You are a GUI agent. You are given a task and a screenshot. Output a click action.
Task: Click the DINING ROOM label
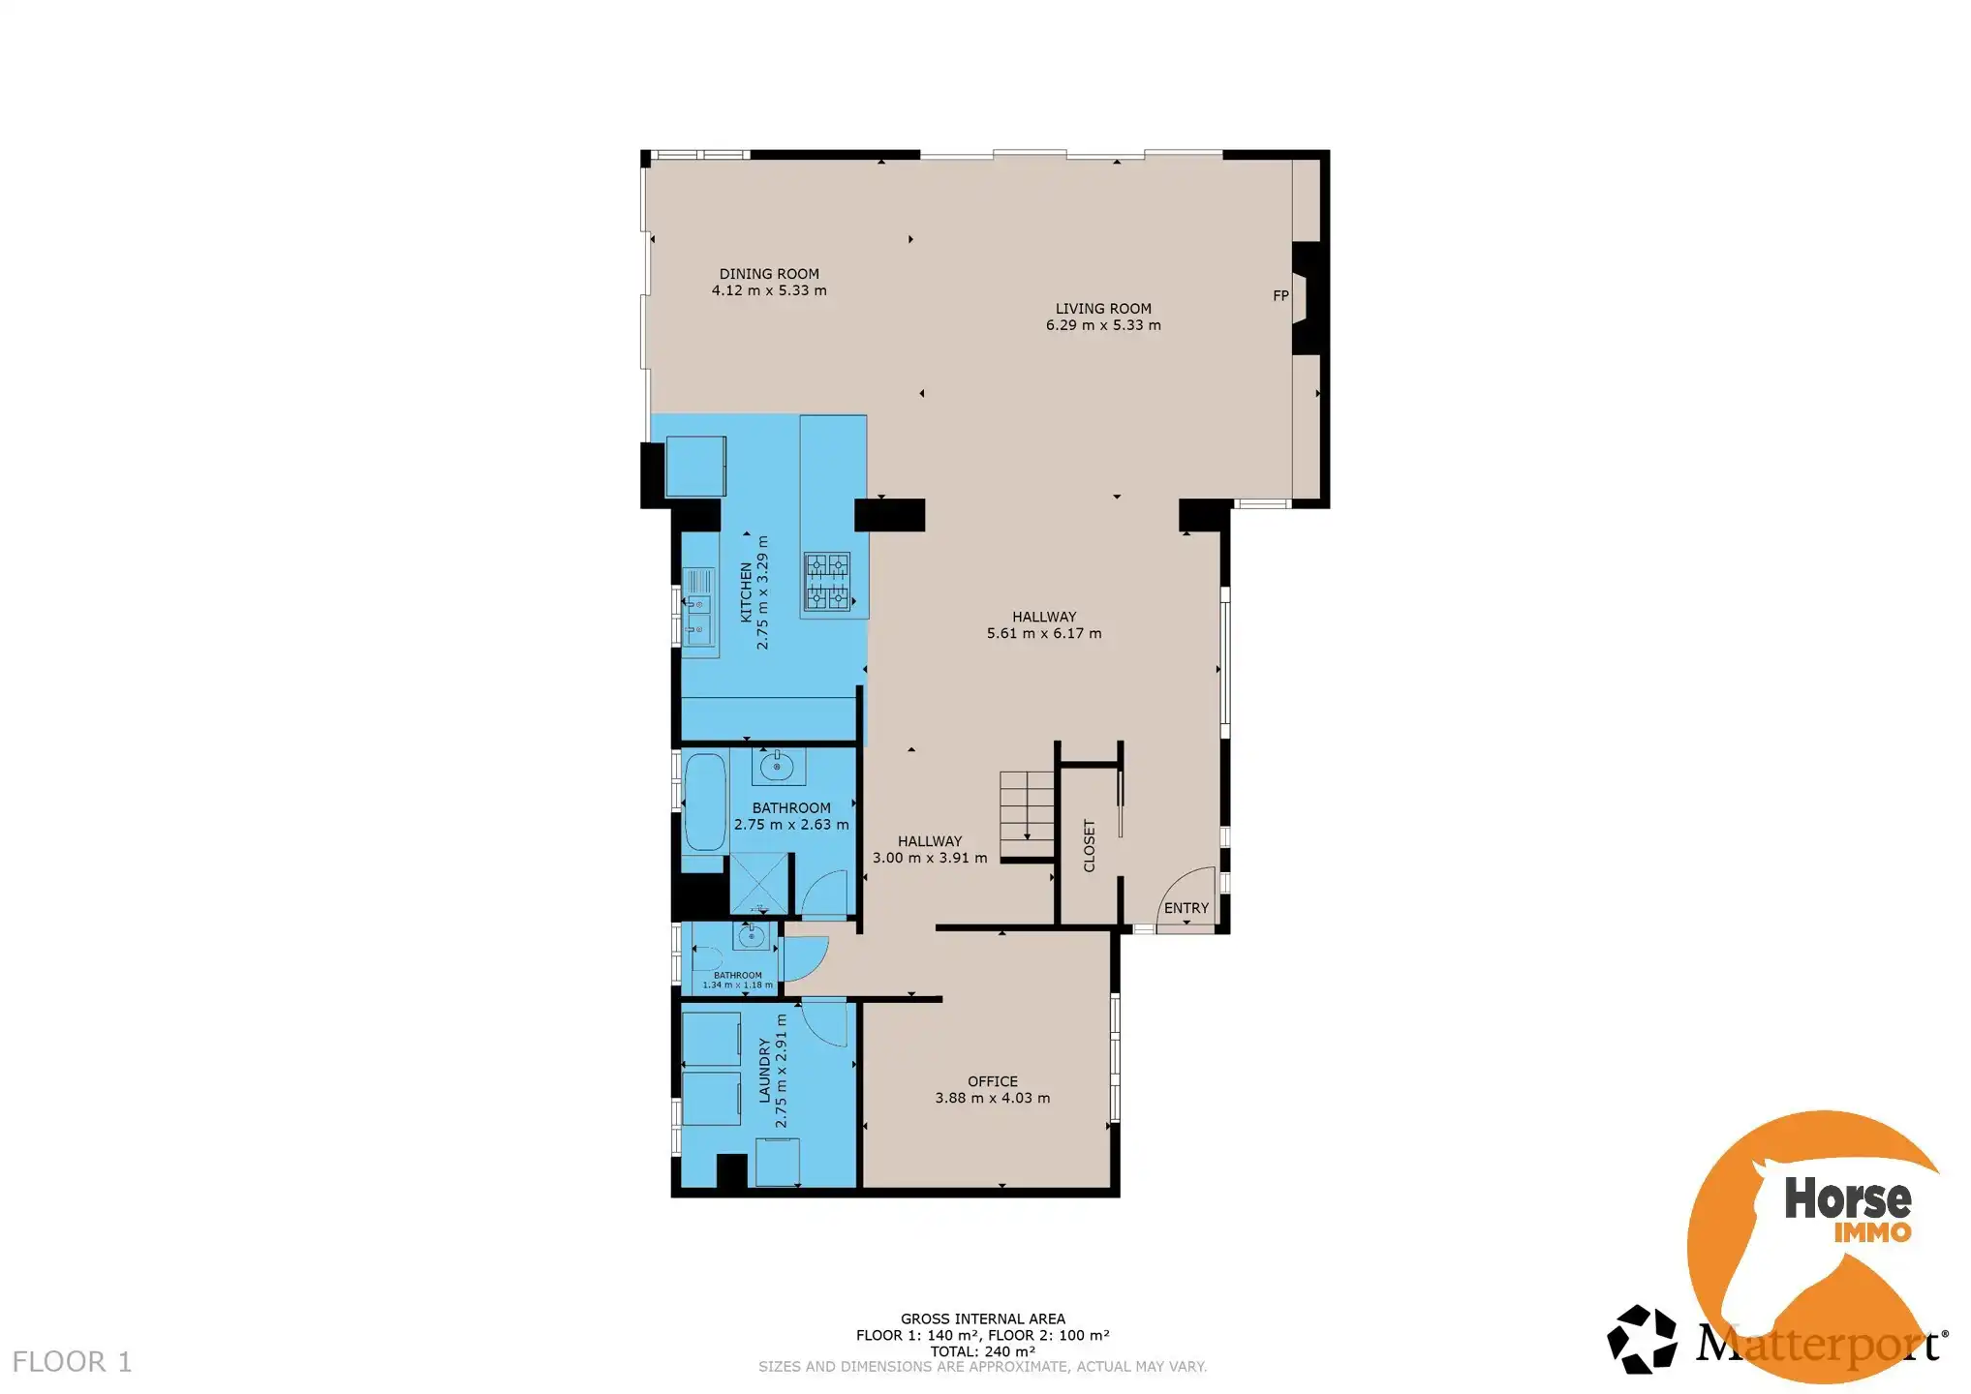click(769, 274)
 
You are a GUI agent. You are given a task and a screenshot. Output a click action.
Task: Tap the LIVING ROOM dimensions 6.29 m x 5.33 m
click(1103, 325)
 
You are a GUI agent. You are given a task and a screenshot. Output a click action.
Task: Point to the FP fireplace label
click(1280, 296)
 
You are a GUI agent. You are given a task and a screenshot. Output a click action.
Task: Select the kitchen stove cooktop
click(827, 581)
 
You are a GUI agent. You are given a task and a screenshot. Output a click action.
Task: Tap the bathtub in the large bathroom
click(704, 802)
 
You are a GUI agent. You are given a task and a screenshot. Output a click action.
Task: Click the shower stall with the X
click(758, 882)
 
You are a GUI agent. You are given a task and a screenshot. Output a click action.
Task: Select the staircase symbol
click(1027, 805)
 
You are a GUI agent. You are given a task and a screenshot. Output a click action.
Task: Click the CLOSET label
click(1090, 845)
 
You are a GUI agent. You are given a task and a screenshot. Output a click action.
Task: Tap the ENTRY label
click(1186, 908)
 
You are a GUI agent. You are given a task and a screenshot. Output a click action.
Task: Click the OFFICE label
click(993, 1081)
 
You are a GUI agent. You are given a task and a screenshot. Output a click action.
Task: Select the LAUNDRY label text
click(764, 1071)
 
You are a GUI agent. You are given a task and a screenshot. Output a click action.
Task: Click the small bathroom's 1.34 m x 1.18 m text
click(738, 985)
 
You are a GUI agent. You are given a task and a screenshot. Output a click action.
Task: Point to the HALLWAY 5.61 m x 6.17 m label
click(1044, 624)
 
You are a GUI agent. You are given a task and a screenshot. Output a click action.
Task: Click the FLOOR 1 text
click(72, 1362)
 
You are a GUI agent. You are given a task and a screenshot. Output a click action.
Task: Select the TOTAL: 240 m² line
click(982, 1351)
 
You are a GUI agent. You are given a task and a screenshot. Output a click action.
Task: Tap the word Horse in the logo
click(1847, 1199)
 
